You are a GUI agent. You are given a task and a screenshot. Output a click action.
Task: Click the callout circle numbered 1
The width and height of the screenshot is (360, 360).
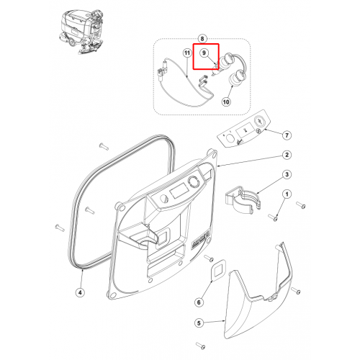tap(287, 194)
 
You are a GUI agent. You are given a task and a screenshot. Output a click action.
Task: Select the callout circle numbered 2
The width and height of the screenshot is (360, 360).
tap(287, 155)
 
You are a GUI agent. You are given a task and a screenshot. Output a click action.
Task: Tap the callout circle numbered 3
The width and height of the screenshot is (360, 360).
tap(287, 174)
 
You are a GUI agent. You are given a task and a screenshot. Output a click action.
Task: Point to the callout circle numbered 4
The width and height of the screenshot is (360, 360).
tap(80, 292)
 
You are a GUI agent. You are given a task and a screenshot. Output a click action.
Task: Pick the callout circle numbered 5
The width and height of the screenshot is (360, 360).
tap(199, 323)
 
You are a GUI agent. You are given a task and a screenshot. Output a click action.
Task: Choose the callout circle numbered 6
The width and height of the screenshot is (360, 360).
tap(199, 302)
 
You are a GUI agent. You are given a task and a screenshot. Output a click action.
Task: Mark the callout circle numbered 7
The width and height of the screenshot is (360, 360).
tap(287, 135)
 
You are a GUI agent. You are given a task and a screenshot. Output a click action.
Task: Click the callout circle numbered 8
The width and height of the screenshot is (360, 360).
tap(202, 39)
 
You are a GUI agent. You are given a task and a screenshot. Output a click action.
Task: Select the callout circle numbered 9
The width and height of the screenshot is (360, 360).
tap(204, 53)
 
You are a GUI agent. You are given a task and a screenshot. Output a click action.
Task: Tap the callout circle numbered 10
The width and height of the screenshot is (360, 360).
tap(226, 102)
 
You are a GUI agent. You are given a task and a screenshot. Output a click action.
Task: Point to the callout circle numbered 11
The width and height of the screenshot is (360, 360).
tap(187, 53)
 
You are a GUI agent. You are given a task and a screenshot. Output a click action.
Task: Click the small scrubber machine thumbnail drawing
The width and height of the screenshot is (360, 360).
tap(81, 31)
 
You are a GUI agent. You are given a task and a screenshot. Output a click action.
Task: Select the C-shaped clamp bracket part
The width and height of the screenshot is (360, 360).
tap(243, 199)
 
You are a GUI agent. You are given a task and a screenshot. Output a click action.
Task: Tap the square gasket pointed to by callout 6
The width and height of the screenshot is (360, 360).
tap(218, 270)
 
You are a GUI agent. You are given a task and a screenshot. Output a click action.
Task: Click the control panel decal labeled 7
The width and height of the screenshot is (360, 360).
tap(244, 129)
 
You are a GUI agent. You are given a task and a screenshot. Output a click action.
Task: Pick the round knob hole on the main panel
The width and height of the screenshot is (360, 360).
tap(193, 182)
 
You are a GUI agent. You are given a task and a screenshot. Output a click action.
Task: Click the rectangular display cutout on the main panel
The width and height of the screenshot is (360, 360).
tap(179, 191)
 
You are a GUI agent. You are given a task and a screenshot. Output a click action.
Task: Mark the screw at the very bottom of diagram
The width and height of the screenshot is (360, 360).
tap(201, 346)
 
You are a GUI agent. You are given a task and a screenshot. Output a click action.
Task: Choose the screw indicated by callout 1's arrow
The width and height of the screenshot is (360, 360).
tap(273, 217)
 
